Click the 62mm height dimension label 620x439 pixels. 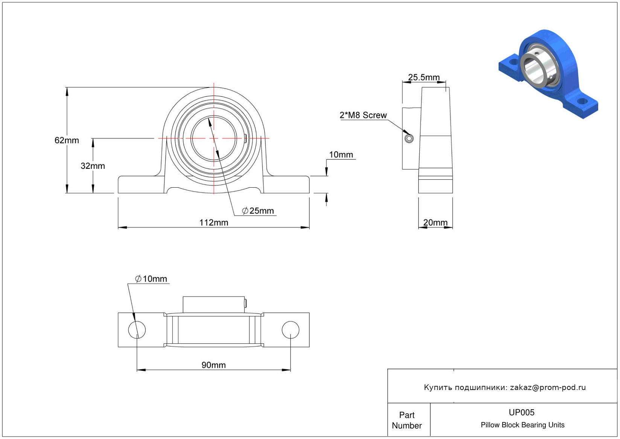click(x=67, y=140)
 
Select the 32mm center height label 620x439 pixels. click(x=93, y=166)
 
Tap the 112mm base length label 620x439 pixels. click(x=213, y=223)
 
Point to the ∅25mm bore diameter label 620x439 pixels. click(x=258, y=211)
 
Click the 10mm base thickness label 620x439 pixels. click(x=341, y=154)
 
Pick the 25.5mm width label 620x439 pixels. click(x=424, y=77)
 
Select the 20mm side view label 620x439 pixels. click(x=435, y=222)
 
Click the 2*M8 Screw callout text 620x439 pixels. click(x=363, y=115)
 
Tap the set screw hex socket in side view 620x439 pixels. click(x=409, y=139)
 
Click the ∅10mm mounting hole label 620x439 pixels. click(x=151, y=279)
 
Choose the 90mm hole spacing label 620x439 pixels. click(x=213, y=365)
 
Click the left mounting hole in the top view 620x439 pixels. click(x=137, y=330)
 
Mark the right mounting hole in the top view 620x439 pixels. click(x=290, y=330)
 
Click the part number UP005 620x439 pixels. click(x=521, y=413)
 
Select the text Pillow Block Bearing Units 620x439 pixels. click(x=523, y=425)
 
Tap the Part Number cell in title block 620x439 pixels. click(x=407, y=420)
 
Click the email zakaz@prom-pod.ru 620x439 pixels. click(x=548, y=387)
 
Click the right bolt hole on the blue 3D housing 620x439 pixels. click(x=582, y=101)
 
